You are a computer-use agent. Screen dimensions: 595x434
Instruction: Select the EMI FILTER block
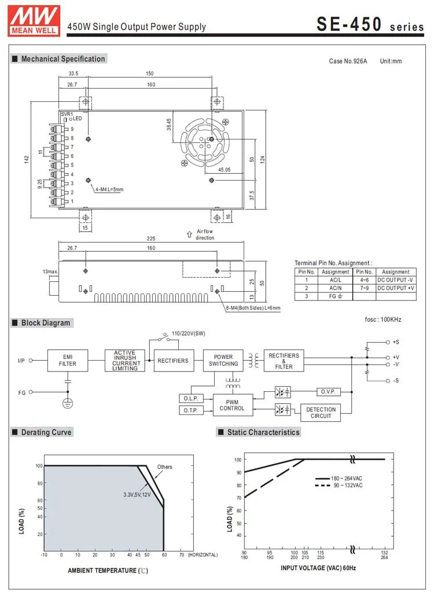click(x=67, y=360)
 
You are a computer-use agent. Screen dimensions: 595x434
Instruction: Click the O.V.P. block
click(x=329, y=392)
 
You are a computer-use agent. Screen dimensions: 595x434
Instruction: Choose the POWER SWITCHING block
click(x=223, y=360)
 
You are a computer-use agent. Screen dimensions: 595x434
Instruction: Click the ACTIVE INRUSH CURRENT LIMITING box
click(x=124, y=360)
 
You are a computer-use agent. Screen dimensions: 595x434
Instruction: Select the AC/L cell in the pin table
click(x=335, y=280)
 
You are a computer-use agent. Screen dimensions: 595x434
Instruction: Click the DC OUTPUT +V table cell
click(x=396, y=288)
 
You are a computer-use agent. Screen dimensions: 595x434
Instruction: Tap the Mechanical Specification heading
click(x=62, y=59)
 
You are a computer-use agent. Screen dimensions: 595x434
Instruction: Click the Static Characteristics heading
click(x=263, y=432)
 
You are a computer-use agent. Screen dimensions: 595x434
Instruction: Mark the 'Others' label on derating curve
click(x=164, y=467)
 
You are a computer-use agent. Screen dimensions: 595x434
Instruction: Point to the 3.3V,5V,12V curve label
click(x=137, y=494)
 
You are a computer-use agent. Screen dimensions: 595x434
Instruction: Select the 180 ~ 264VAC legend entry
click(x=347, y=479)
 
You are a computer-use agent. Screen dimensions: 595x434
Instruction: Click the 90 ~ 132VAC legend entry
click(x=346, y=486)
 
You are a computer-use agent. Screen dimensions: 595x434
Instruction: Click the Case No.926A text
click(x=348, y=61)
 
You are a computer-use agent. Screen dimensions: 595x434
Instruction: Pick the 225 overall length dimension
click(x=150, y=238)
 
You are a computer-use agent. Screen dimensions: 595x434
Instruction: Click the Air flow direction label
click(x=204, y=234)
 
